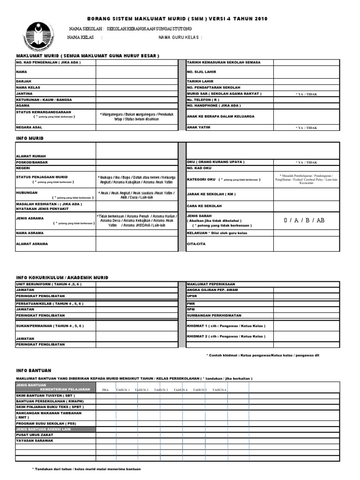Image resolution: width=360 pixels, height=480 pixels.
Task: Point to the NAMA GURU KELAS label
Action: [x=180, y=37]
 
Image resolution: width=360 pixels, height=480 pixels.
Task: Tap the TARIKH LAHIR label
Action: [x=201, y=81]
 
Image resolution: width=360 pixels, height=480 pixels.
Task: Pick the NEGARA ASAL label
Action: [x=31, y=127]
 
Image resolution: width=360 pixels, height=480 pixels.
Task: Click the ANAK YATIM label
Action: [x=199, y=127]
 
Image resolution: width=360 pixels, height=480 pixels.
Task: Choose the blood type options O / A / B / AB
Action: [x=304, y=220]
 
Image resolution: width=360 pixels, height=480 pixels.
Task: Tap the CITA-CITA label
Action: [x=197, y=244]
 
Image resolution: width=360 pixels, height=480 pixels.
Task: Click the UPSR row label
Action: [x=192, y=296]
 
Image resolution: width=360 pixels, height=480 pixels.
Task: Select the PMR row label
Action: [x=191, y=303]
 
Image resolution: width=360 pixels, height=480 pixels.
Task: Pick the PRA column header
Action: [x=105, y=390]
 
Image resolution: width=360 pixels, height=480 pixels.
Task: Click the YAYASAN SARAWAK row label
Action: [x=35, y=441]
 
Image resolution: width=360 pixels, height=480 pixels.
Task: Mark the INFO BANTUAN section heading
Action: [x=33, y=370]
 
